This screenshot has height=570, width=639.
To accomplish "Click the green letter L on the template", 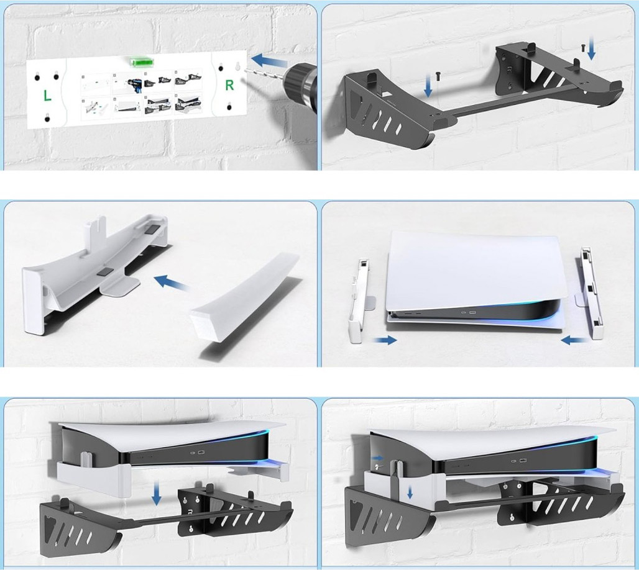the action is point(47,96).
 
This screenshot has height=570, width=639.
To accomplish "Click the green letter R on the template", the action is point(229,85).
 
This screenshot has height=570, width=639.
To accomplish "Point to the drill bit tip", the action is point(246,70).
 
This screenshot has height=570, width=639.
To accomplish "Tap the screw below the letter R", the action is point(229,107).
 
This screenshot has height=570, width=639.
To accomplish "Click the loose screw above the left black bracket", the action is point(438,75).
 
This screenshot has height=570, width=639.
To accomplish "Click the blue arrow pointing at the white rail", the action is point(172,283).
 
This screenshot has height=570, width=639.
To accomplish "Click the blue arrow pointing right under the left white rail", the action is point(385,340).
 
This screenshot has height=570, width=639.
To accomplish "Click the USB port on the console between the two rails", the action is point(473,313).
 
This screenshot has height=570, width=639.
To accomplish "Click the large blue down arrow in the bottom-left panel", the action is point(156,493).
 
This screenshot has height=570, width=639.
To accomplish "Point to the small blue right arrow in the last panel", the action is point(377,458).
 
